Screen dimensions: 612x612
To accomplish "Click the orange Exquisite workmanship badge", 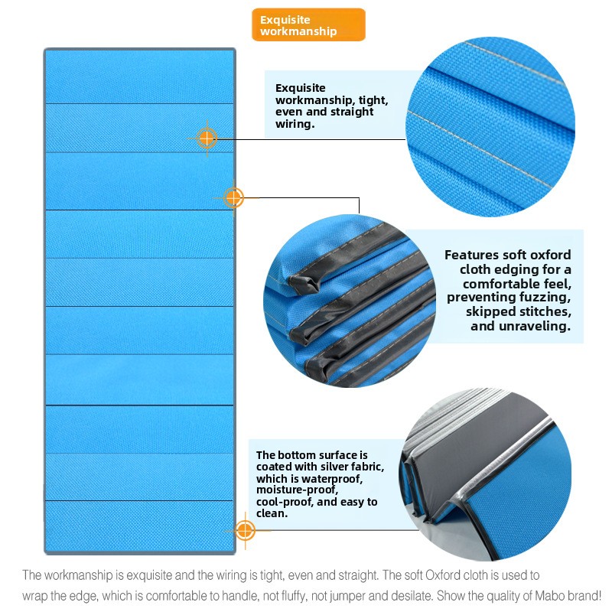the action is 308,25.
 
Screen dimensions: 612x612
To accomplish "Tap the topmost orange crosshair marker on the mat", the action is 207,138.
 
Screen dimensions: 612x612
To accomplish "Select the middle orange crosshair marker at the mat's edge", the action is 233,198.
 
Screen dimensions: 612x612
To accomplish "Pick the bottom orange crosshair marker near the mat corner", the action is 245,531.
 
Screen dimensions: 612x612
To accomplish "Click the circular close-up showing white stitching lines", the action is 490,126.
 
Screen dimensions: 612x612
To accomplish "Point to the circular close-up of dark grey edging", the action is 350,301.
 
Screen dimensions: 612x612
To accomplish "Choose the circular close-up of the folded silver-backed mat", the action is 485,474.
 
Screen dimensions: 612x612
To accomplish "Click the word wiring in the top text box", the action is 294,124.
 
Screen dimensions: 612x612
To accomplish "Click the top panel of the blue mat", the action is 140,76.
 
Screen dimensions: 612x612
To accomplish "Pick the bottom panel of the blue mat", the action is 140,526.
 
